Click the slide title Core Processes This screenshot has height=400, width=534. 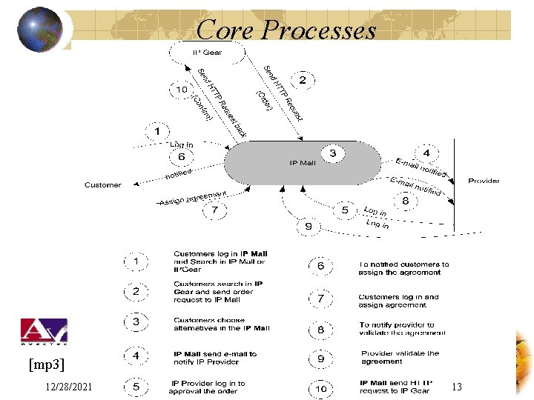pyautogui.click(x=287, y=30)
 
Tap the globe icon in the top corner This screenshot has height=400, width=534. pyautogui.click(x=40, y=30)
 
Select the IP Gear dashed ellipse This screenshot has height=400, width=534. pyautogui.click(x=207, y=53)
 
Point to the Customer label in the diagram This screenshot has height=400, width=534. pyautogui.click(x=102, y=184)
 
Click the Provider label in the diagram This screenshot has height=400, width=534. pyautogui.click(x=484, y=181)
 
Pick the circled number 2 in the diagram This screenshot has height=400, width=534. pyautogui.click(x=302, y=79)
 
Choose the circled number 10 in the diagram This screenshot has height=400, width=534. pyautogui.click(x=182, y=89)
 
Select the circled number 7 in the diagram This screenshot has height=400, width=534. pyautogui.click(x=214, y=210)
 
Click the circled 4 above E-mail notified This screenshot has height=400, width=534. pyautogui.click(x=426, y=153)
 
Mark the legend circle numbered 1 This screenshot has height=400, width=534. pyautogui.click(x=135, y=262)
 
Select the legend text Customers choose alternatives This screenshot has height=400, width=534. pyautogui.click(x=221, y=324)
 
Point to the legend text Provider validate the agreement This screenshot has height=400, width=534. pyautogui.click(x=400, y=357)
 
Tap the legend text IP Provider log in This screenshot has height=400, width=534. pyautogui.click(x=208, y=387)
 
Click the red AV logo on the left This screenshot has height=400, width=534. pyautogui.click(x=44, y=330)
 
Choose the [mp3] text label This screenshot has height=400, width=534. pyautogui.click(x=46, y=364)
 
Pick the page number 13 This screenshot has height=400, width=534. pyautogui.click(x=456, y=386)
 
